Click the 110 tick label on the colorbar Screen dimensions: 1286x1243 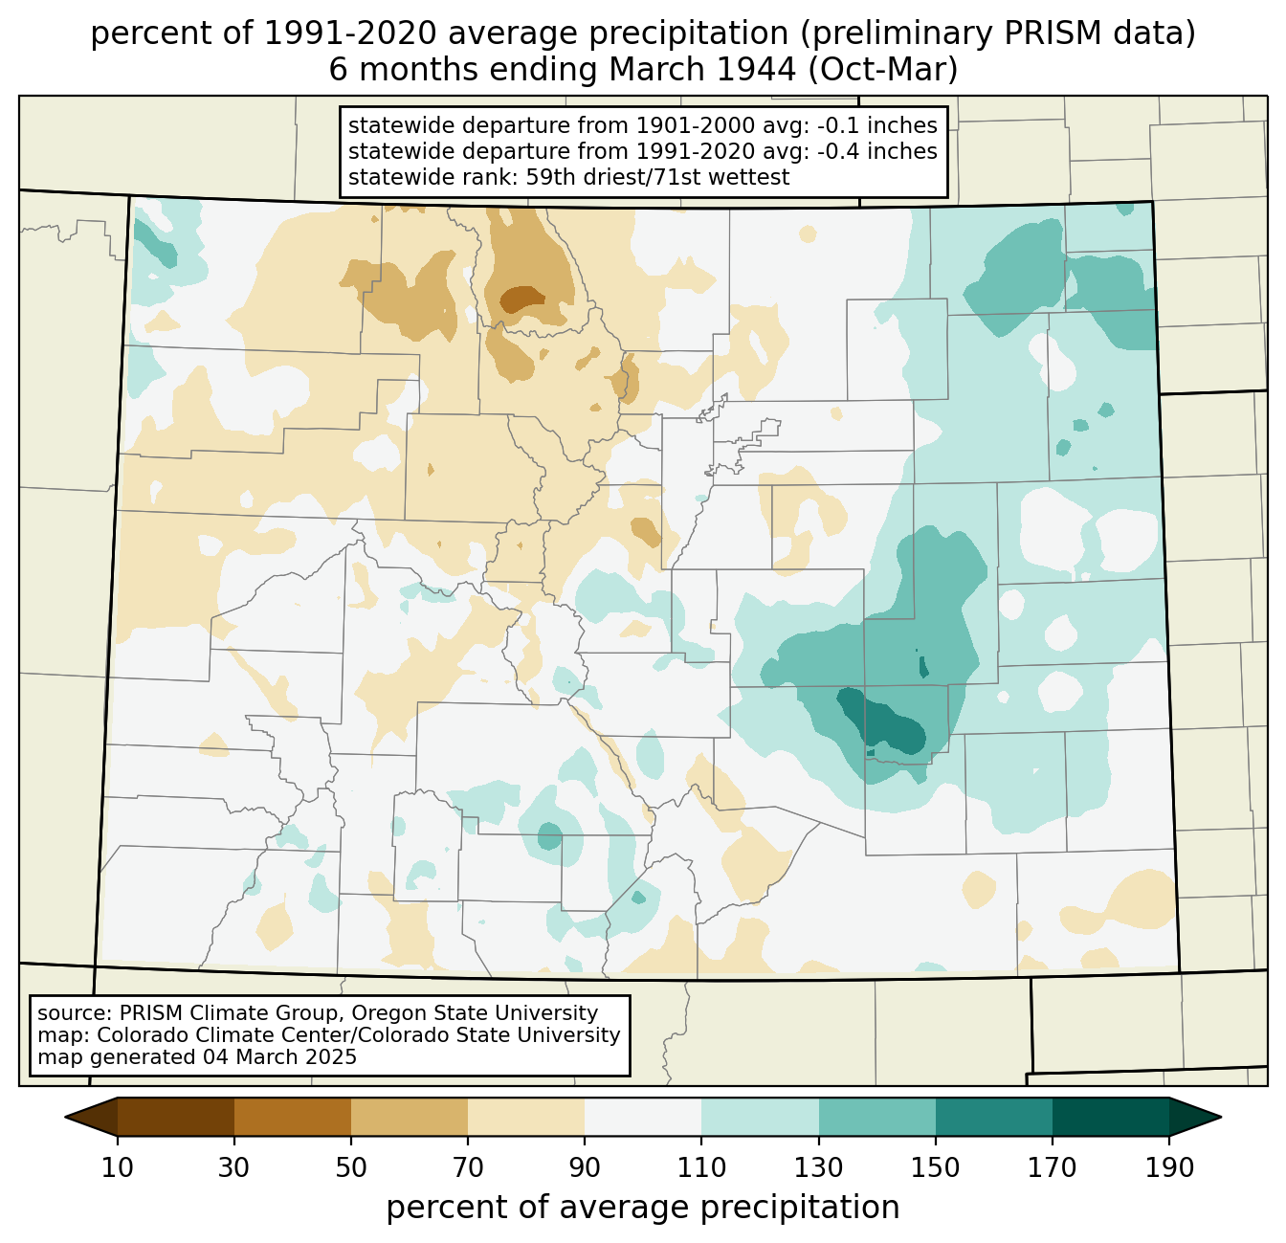[x=701, y=1167]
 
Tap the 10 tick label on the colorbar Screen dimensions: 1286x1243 [x=117, y=1167]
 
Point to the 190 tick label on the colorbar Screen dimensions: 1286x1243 [x=1169, y=1167]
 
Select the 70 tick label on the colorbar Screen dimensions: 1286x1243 [x=467, y=1167]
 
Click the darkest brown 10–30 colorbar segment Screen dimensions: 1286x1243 [x=176, y=1117]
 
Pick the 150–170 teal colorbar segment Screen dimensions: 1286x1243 [x=993, y=1117]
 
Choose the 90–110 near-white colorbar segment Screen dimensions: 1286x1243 [x=643, y=1117]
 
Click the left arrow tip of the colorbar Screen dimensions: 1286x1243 [x=65, y=1117]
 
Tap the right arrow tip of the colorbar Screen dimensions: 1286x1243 [x=1221, y=1117]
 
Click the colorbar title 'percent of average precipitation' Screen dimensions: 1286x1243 [x=642, y=1207]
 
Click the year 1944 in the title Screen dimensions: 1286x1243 [x=756, y=70]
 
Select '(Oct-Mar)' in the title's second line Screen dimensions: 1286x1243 [x=882, y=70]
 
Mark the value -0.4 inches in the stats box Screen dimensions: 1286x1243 [x=876, y=151]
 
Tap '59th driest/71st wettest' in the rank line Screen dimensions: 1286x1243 [x=657, y=177]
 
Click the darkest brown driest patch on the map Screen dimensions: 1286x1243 [x=522, y=300]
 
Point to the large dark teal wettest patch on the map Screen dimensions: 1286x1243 [x=883, y=721]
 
